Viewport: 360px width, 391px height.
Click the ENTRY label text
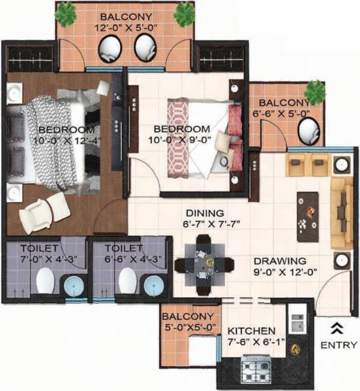[x=339, y=345]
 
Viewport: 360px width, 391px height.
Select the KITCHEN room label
[x=252, y=331]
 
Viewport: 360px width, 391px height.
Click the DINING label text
[x=203, y=213]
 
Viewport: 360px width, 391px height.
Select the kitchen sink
[x=297, y=320]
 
